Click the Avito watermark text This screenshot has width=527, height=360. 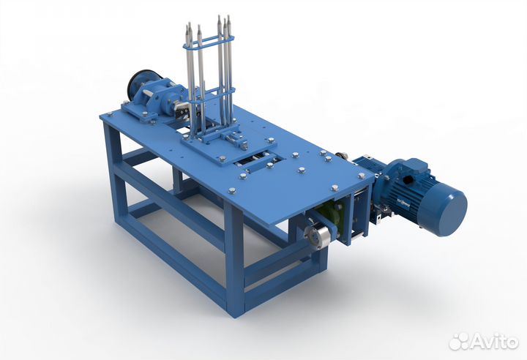tap(494, 341)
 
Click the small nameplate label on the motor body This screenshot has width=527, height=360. tap(403, 203)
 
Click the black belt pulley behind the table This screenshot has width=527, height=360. tap(138, 83)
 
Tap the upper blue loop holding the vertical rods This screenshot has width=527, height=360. tap(208, 42)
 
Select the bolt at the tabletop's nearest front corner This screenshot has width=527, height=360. tap(232, 191)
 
